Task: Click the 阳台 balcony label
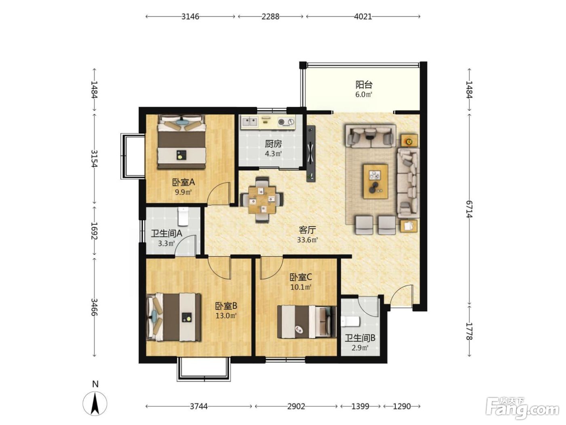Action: pos(363,85)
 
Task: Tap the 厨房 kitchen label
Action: pos(273,144)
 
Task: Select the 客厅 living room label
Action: pos(307,229)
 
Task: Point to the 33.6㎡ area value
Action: pos(307,240)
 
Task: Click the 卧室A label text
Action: pos(183,183)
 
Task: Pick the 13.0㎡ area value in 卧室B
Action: pos(226,316)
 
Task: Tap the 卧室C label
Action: pos(301,277)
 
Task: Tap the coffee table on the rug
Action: pos(376,182)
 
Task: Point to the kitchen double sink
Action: pos(249,122)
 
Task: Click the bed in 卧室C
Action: pos(306,322)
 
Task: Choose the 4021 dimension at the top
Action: pos(363,17)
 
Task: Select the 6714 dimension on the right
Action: pos(469,209)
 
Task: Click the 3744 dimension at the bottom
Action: pos(199,407)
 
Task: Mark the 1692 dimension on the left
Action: pos(94,231)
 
